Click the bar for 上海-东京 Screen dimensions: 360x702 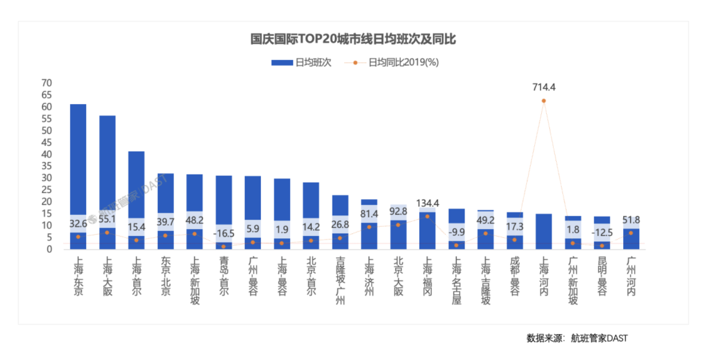pyautogui.click(x=78, y=159)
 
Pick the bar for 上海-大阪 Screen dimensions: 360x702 pyautogui.click(x=107, y=164)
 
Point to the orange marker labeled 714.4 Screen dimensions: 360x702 pyautogui.click(x=544, y=101)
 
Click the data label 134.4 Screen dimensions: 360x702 pyautogui.click(x=427, y=203)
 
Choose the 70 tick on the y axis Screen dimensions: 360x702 pyautogui.click(x=46, y=83)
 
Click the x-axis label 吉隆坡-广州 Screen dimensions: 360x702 pyautogui.click(x=340, y=280)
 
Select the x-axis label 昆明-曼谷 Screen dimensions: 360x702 pyautogui.click(x=602, y=276)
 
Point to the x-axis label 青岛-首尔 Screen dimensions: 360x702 pyautogui.click(x=224, y=276)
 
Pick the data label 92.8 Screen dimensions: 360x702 pyautogui.click(x=398, y=211)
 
